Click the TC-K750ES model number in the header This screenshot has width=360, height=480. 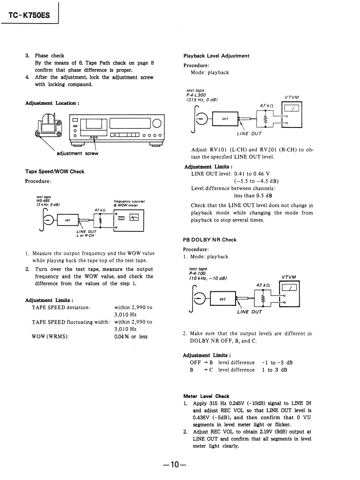coord(29,16)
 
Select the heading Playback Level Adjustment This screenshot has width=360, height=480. coord(216,56)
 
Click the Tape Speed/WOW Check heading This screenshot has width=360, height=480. coord(55,172)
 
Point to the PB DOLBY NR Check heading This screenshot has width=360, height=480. coord(210,240)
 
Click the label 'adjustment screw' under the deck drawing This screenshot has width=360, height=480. coord(77,154)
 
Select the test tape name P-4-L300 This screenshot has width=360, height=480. coord(196,95)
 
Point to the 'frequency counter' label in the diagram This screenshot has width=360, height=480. coord(130,201)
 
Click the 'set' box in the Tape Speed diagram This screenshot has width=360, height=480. coord(68,220)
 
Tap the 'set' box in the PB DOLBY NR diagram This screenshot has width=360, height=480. coord(222,299)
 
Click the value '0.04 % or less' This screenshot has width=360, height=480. coord(131,337)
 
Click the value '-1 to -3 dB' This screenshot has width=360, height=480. coord(277,363)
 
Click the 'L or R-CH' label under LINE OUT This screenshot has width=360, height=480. coord(86,235)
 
